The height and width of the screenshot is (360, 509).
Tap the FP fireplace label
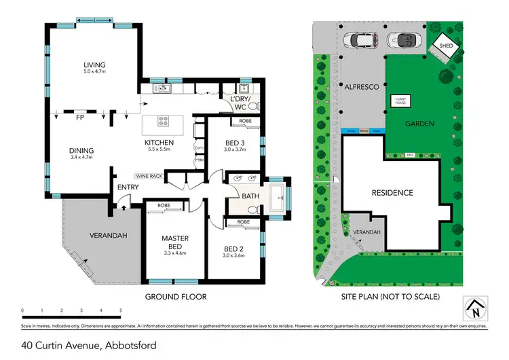point(80,118)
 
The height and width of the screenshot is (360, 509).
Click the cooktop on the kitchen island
point(164,122)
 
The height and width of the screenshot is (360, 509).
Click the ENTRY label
point(128,187)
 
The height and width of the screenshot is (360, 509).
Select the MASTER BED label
point(174,242)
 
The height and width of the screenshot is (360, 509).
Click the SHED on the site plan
point(446,46)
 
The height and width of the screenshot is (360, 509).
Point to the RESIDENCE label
point(392,193)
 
